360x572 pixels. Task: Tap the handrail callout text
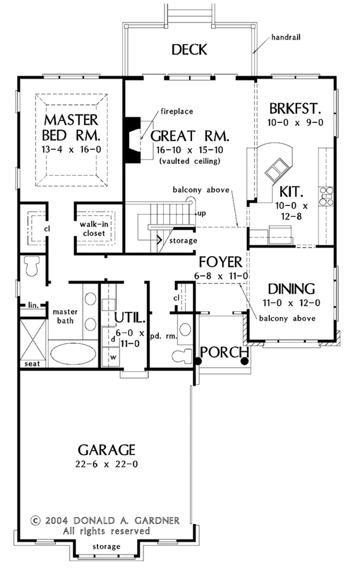pos(285,37)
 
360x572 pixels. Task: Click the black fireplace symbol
pos(131,139)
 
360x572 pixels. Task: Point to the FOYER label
pos(221,262)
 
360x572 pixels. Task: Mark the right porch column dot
pos(244,361)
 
